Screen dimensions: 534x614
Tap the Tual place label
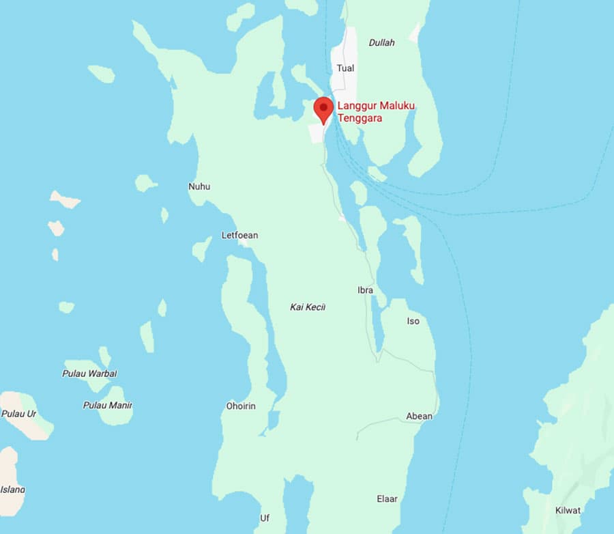pyautogui.click(x=345, y=68)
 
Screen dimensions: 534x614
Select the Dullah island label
pyautogui.click(x=381, y=42)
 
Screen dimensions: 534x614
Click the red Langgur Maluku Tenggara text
pyautogui.click(x=377, y=111)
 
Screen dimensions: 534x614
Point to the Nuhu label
pyautogui.click(x=199, y=186)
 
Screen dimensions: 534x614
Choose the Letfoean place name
pyautogui.click(x=239, y=236)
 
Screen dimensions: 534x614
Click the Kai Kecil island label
pyautogui.click(x=308, y=307)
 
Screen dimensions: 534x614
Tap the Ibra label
pyautogui.click(x=365, y=290)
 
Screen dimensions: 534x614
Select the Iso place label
pyautogui.click(x=413, y=321)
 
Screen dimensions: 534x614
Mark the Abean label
pyautogui.click(x=419, y=416)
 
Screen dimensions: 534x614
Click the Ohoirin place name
pyautogui.click(x=241, y=406)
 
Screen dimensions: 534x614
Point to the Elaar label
pyautogui.click(x=387, y=499)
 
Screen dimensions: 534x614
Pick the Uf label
pyautogui.click(x=265, y=518)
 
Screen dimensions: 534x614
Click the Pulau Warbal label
pyautogui.click(x=89, y=374)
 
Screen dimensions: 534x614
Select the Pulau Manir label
pyautogui.click(x=107, y=406)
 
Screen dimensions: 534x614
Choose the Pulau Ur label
pyautogui.click(x=18, y=414)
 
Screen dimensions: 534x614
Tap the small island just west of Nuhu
pyautogui.click(x=145, y=182)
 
